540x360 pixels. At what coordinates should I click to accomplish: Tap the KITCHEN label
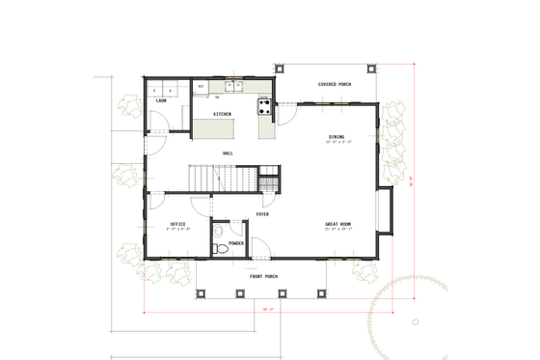[x=222, y=114]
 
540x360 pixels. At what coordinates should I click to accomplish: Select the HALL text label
[x=228, y=152]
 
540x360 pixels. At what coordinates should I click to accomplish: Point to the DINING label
[x=337, y=136]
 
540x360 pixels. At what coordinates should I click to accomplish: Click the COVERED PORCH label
[x=334, y=85]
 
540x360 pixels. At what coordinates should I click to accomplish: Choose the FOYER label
[x=262, y=214]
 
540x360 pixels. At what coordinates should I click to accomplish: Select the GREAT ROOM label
[x=337, y=224]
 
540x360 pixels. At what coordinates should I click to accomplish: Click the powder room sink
[x=219, y=231]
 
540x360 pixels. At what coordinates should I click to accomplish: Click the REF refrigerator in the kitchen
[x=201, y=88]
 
